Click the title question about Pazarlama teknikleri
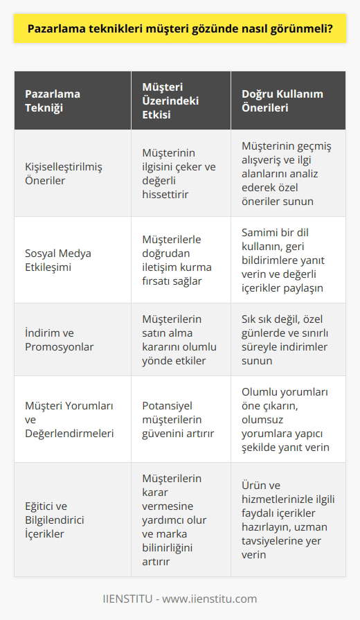[179, 29]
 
